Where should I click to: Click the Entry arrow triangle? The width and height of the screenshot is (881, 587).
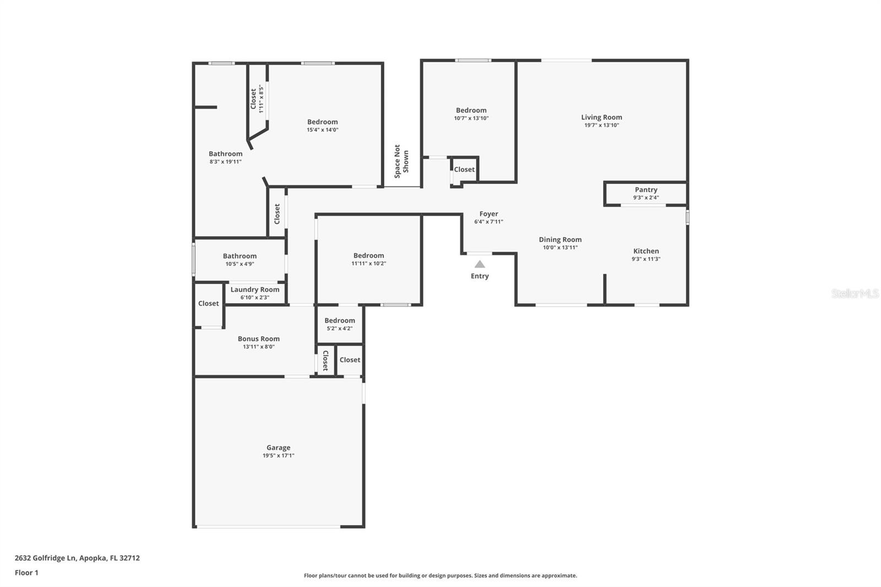[x=480, y=264]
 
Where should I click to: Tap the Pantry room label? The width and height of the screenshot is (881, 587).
[x=646, y=189]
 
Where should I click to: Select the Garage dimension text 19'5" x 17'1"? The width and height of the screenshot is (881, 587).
[x=278, y=456]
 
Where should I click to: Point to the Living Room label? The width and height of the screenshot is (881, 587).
[x=601, y=117]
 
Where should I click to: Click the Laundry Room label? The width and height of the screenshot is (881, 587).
[x=254, y=290]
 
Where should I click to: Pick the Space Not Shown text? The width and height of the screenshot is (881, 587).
[x=401, y=161]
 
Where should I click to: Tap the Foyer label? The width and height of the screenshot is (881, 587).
[x=488, y=214]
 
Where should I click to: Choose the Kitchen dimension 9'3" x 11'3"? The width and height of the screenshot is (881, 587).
[x=646, y=259]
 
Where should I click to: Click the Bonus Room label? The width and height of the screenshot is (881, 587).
[x=258, y=339]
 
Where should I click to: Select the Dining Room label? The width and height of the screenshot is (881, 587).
[x=560, y=240]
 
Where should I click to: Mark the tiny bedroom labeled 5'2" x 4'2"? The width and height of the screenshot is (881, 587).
[x=339, y=324]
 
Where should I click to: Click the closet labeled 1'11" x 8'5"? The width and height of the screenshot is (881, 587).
[x=257, y=99]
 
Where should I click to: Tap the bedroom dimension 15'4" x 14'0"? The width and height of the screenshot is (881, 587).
[x=322, y=130]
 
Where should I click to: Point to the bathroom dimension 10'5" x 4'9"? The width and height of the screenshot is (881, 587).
[x=240, y=264]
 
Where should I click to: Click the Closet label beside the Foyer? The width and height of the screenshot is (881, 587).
[x=464, y=170]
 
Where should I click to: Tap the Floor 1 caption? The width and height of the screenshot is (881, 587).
[x=26, y=573]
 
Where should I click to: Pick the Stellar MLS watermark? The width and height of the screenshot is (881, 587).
[x=855, y=293]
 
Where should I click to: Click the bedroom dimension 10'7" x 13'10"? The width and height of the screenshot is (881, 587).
[x=471, y=118]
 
